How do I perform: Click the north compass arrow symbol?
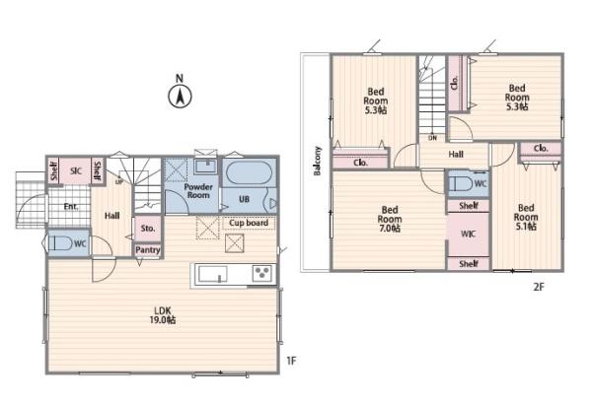(180, 97)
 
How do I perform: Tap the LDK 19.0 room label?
(163, 315)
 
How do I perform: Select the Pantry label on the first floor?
(148, 250)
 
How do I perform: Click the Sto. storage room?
(148, 229)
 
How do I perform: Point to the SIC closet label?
(76, 171)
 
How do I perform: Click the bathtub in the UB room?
(250, 173)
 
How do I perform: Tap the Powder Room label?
(198, 191)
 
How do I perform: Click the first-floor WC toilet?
(60, 243)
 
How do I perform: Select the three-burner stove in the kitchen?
(262, 273)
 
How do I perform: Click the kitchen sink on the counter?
(213, 274)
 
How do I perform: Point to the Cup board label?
(249, 223)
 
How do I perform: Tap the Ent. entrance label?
(71, 207)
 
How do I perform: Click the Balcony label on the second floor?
(318, 161)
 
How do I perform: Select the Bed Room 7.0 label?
(390, 219)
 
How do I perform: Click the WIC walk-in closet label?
(468, 235)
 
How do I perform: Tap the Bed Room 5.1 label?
(526, 217)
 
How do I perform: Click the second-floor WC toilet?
(461, 184)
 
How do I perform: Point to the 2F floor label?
(539, 287)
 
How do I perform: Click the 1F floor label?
(291, 361)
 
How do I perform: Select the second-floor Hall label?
(456, 154)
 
